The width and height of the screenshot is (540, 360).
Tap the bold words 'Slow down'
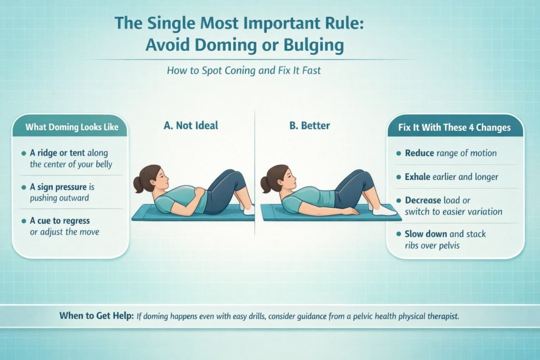[x=427, y=233]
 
